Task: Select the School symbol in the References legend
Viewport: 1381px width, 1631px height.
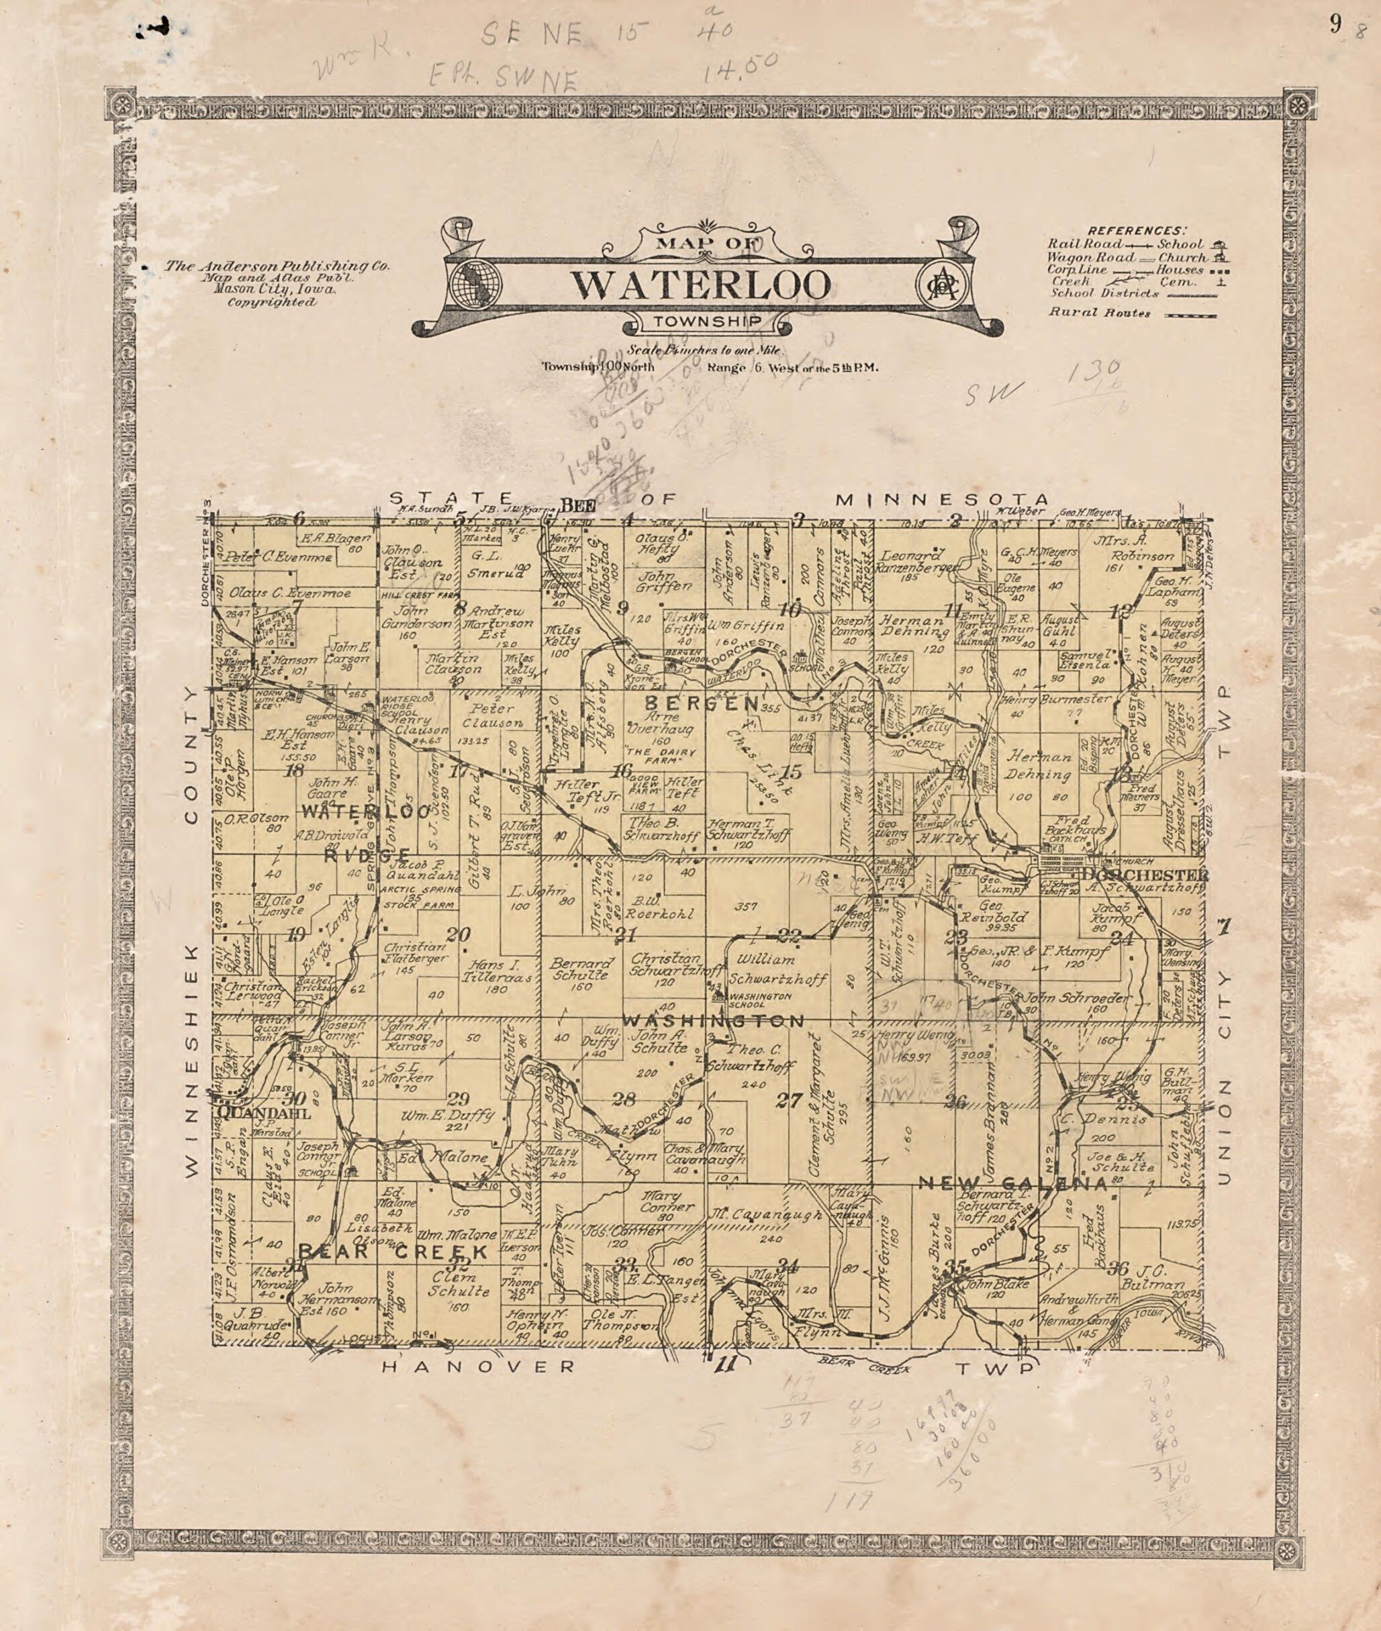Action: (x=1219, y=244)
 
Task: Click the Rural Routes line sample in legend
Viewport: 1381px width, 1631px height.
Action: (x=1190, y=315)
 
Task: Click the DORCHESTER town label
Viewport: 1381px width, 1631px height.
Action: (x=1145, y=874)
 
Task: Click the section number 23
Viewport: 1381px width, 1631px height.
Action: (x=956, y=938)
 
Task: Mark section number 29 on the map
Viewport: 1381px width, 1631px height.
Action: (x=458, y=1097)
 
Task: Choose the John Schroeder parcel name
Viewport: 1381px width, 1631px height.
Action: (x=1078, y=998)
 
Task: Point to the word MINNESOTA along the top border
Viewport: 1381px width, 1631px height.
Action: (x=942, y=499)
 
